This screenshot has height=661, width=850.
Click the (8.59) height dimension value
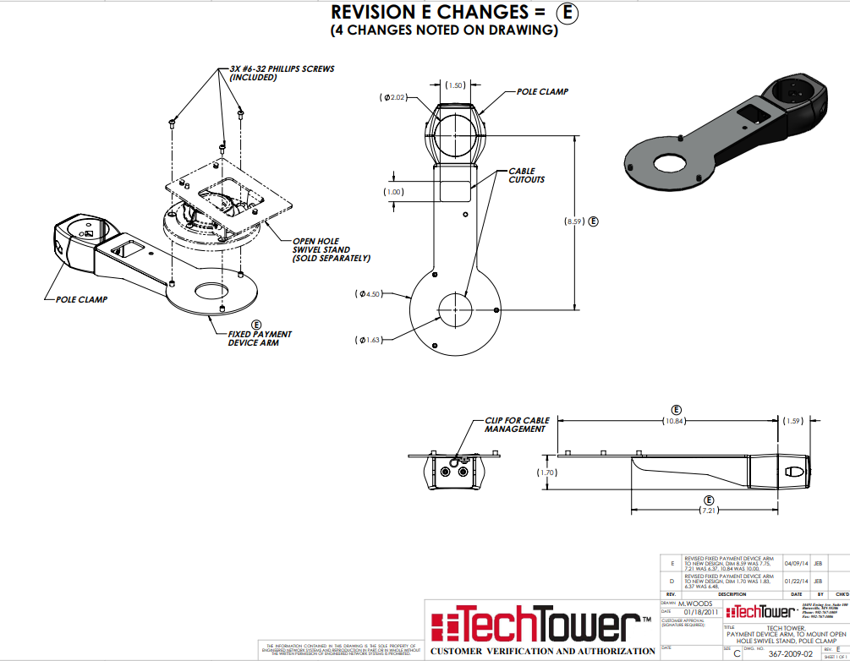575,221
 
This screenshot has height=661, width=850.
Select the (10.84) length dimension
676,420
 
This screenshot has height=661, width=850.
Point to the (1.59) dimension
793,421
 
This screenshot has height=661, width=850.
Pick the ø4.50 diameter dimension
370,294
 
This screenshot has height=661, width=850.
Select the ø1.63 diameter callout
370,340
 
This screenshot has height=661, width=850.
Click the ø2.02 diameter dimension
394,98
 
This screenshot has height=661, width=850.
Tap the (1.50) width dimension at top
455,85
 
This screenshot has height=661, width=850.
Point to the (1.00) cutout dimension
393,192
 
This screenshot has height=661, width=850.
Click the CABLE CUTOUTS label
526,175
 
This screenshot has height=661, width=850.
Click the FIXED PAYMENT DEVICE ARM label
254,338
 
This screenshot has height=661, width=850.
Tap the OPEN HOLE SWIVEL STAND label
331,249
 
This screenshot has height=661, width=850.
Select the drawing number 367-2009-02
791,653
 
